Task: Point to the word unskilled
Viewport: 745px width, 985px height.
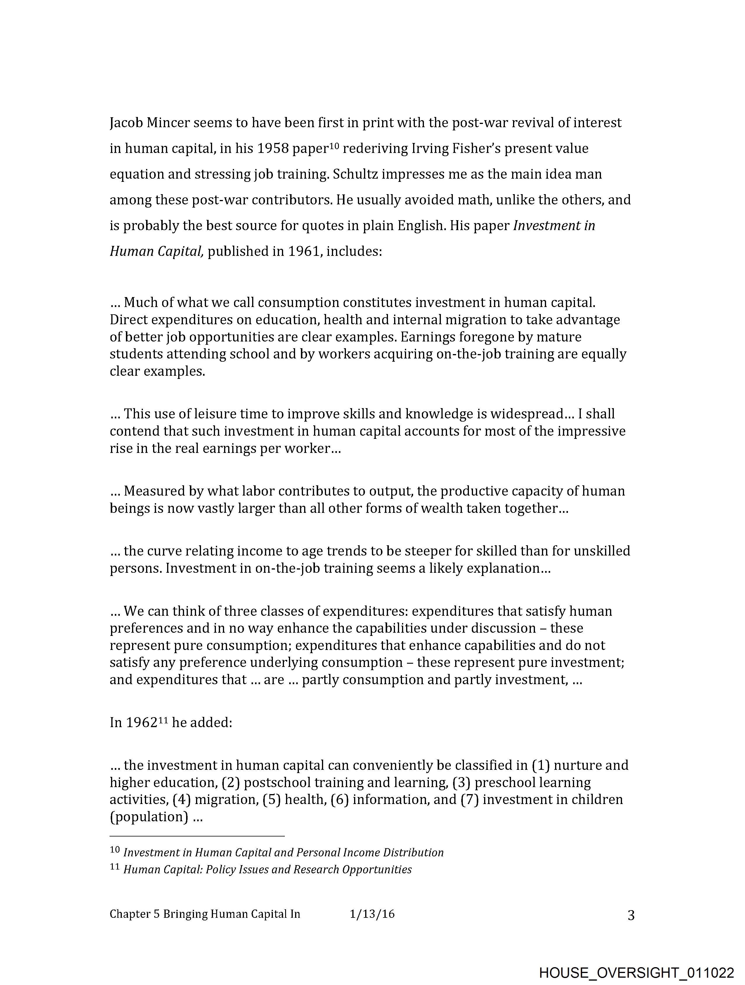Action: (602, 551)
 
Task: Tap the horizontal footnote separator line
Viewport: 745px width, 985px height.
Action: (197, 836)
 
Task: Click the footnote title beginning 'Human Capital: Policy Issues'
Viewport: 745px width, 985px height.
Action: (267, 870)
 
